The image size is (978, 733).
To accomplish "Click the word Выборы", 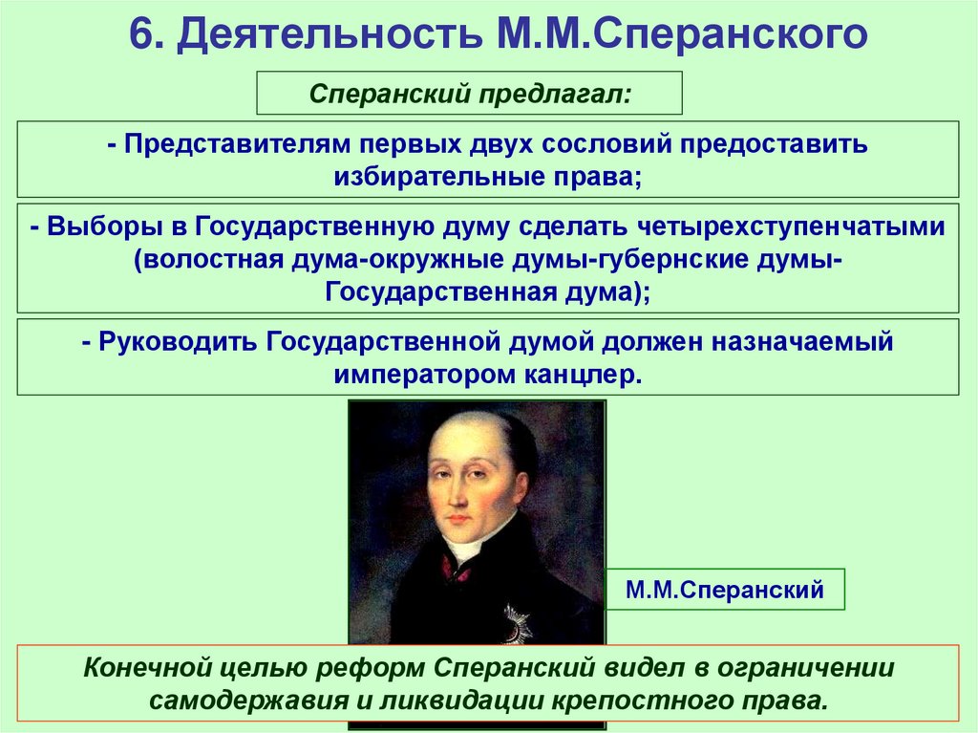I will pyautogui.click(x=102, y=227).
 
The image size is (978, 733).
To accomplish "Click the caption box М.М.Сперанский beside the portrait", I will pyautogui.click(x=725, y=590).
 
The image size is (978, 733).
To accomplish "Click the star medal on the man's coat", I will pyautogui.click(x=518, y=621).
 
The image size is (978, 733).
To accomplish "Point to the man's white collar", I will pyautogui.click(x=466, y=547).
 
